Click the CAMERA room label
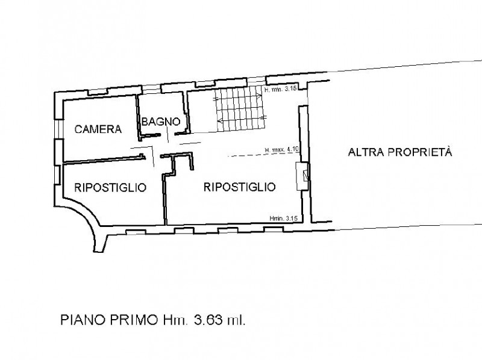pos(99,129)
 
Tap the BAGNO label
pos(161,122)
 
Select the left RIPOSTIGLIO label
pos(110,187)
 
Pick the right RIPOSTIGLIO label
pos(240,187)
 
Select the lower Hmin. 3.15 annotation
pos(284,218)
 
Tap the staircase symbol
pos(239,110)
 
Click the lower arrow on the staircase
pos(241,122)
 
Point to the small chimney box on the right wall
pos(304,176)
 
